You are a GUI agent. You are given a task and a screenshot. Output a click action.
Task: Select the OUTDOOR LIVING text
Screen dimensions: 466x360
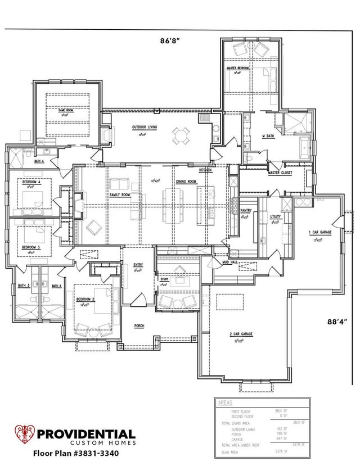coord(145,128)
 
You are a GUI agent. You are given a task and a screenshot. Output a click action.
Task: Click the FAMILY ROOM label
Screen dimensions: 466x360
coord(120,194)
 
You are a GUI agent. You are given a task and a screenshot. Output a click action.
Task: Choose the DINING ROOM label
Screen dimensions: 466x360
coord(186,182)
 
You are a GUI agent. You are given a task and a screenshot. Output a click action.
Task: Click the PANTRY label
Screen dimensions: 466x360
coord(245,211)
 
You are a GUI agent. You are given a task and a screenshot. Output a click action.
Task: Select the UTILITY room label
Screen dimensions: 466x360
coord(275,216)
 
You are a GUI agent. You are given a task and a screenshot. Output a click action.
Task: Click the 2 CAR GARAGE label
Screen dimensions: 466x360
coord(241,334)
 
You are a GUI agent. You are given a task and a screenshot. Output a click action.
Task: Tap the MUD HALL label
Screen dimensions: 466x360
coord(229,262)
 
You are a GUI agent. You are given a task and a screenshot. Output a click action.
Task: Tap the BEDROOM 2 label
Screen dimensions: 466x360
coord(85,299)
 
